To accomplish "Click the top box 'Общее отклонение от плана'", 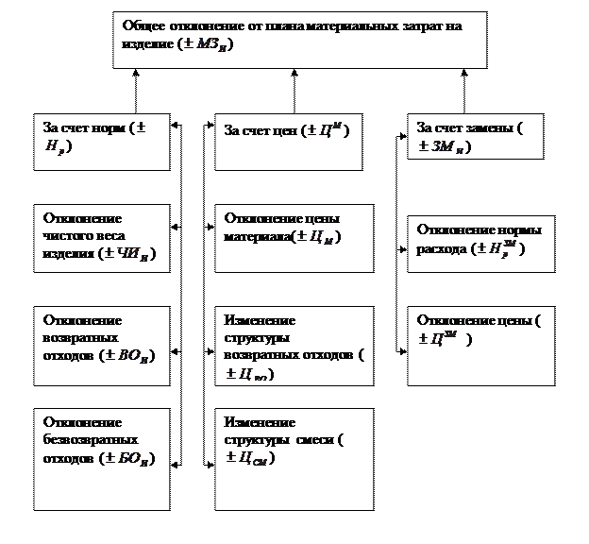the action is tap(299, 40).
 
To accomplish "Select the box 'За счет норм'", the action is tap(101, 143).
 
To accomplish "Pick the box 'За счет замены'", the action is tap(475, 137).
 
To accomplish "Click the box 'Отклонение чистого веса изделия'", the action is tap(101, 238).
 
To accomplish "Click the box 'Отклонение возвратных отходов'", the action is tap(101, 339).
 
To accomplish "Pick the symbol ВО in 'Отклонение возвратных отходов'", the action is tap(139, 356).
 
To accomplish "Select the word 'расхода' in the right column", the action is tap(443, 249).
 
